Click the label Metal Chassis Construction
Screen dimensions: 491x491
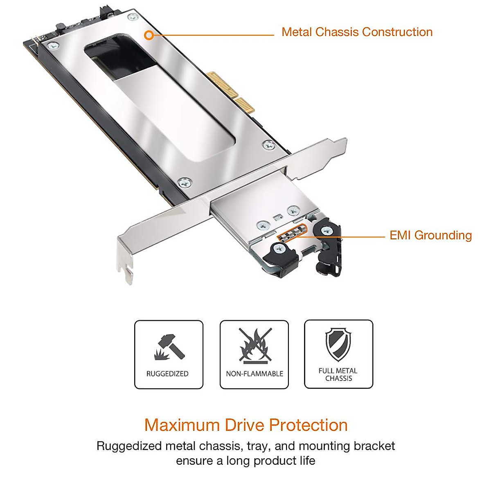click(x=357, y=32)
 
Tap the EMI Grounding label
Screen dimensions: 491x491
click(x=430, y=235)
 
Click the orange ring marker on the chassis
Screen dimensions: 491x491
click(x=149, y=35)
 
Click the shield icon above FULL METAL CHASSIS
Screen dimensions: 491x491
click(x=338, y=345)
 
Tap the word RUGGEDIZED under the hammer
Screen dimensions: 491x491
click(x=167, y=374)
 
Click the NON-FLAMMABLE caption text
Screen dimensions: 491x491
click(x=255, y=374)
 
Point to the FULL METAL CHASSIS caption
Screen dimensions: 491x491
click(x=338, y=374)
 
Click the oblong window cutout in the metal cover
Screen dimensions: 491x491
click(x=160, y=94)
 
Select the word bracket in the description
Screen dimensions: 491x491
click(x=374, y=446)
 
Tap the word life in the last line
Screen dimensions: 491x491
click(x=307, y=461)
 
